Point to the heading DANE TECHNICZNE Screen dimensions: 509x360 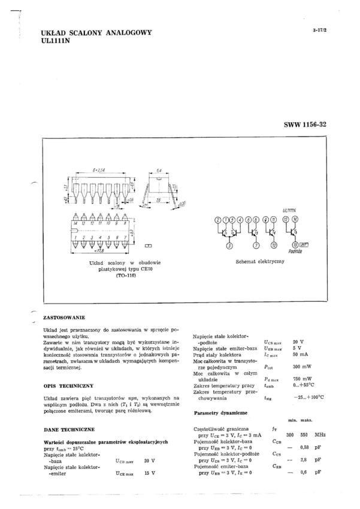point(68,430)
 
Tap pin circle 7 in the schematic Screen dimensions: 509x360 point(256,245)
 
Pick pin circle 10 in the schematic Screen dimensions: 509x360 point(274,245)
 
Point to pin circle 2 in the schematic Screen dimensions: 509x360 point(218,220)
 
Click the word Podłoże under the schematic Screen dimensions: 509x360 point(295,252)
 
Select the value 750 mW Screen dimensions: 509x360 point(302,380)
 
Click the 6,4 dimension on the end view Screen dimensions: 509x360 point(160,171)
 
